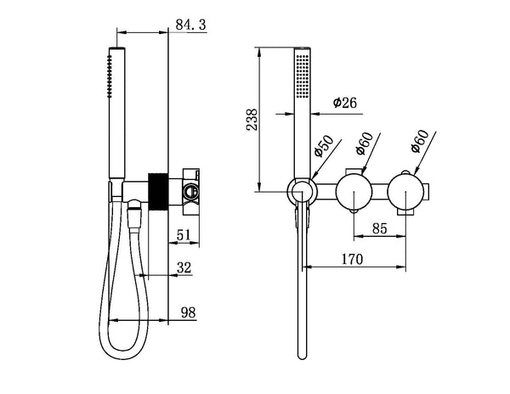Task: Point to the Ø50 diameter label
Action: coord(322,149)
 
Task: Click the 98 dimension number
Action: coord(188,313)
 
